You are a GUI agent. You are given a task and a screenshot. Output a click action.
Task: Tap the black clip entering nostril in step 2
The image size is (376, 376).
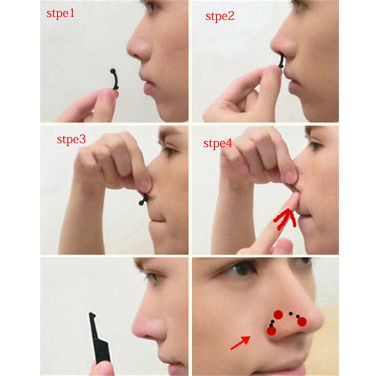(x=280, y=61)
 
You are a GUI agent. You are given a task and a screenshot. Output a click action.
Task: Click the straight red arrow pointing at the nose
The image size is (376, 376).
(x=240, y=343)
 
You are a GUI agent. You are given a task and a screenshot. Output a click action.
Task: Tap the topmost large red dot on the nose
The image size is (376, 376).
(x=278, y=315)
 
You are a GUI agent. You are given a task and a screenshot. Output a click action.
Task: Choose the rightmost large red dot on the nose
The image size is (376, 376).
(x=302, y=321)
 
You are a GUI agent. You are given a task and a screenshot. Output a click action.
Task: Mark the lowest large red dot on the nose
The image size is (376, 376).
(x=271, y=331)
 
